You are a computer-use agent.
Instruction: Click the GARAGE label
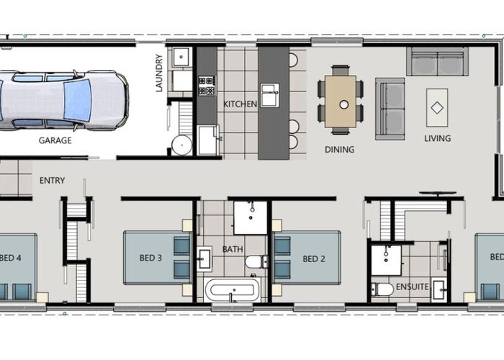tap(55, 140)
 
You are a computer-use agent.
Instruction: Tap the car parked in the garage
tap(61, 99)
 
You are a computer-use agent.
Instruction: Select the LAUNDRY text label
tap(160, 74)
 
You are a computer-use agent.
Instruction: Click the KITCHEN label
tap(240, 104)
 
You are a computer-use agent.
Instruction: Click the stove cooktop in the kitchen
tap(207, 86)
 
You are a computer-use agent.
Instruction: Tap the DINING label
tap(339, 150)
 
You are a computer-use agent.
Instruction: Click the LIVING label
tap(437, 138)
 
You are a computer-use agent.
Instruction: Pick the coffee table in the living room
tap(436, 107)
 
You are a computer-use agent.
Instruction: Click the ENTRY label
tap(53, 181)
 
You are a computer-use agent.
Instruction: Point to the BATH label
tap(233, 250)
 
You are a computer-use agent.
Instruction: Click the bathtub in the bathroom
tap(232, 291)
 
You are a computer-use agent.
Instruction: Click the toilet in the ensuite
tap(382, 289)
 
